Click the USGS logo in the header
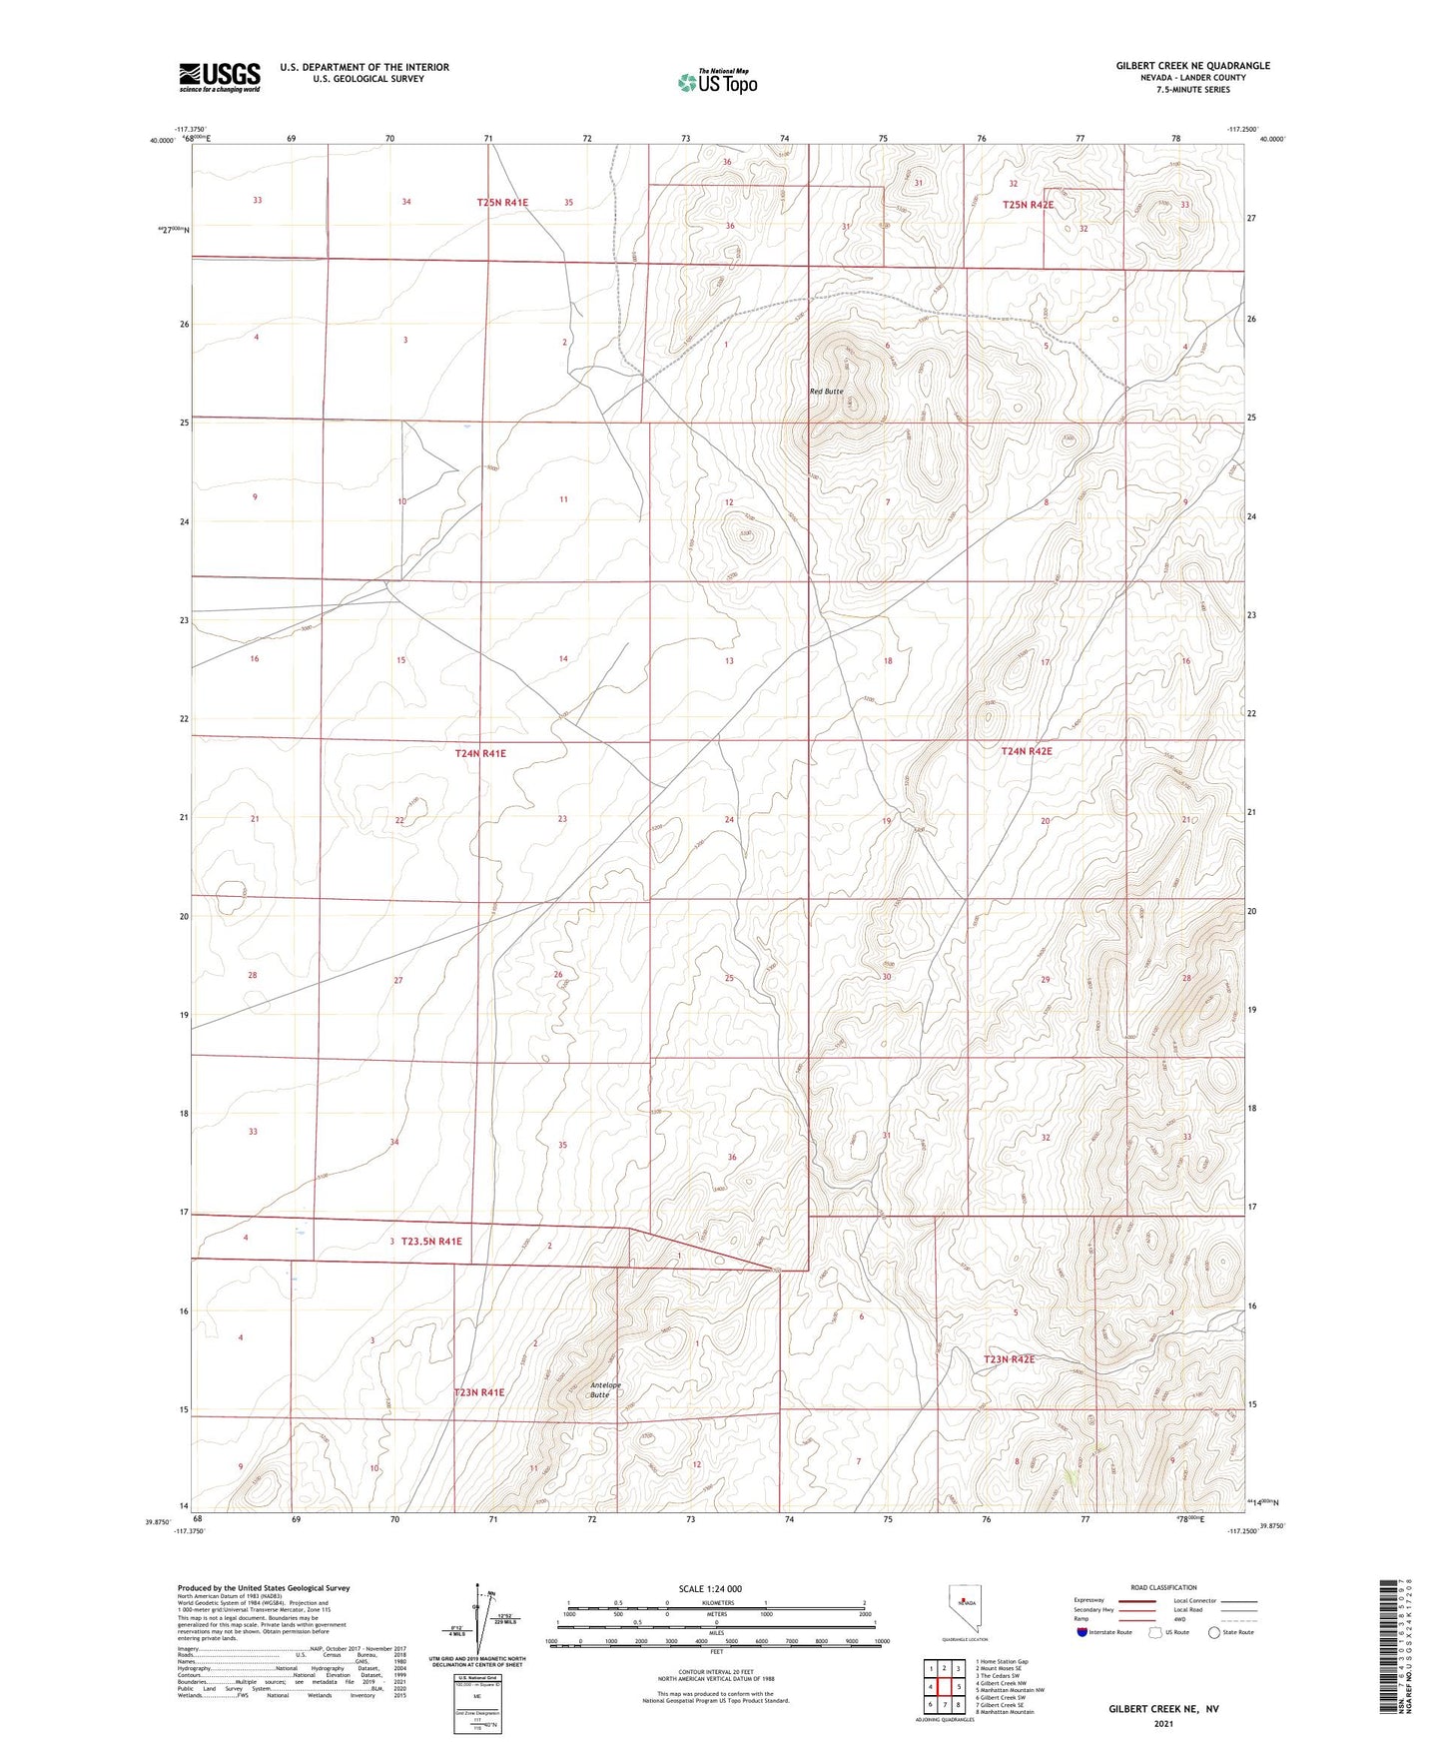point(220,77)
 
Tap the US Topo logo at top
point(716,82)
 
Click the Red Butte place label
point(826,392)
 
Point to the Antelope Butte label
point(605,1389)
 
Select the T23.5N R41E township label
point(431,1242)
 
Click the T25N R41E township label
point(501,203)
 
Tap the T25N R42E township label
point(1028,205)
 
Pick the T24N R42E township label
point(1026,751)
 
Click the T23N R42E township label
point(1009,1359)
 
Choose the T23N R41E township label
point(479,1392)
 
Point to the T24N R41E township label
point(480,753)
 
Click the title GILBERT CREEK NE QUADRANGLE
point(1192,66)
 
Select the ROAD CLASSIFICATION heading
point(1163,1587)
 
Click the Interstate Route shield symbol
point(1082,1632)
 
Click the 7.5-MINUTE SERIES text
point(1192,90)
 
